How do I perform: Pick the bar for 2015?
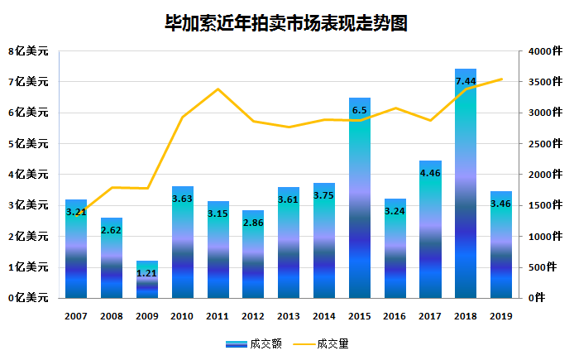pos(360,199)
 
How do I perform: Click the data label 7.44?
pos(466,81)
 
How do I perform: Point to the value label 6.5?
pos(360,110)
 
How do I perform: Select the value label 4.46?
pos(430,173)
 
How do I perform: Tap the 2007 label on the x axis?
pos(76,315)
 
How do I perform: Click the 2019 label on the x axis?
pos(501,315)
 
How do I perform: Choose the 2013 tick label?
pos(289,315)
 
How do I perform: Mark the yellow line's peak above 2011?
pos(218,89)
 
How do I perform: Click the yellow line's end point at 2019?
pos(501,79)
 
